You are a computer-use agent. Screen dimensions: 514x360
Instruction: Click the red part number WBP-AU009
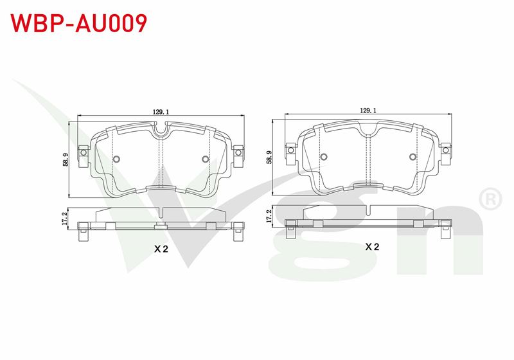pos(78,23)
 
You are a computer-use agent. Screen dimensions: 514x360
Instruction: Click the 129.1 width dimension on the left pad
pos(161,112)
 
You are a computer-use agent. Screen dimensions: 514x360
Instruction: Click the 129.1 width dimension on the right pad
pos(368,111)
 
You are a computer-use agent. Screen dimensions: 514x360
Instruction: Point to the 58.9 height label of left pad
pos(66,159)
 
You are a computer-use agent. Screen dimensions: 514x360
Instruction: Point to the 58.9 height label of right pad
pos(269,157)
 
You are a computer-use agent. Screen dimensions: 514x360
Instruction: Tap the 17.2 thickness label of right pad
pos(269,217)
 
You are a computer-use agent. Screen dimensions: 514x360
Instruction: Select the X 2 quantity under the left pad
pos(161,249)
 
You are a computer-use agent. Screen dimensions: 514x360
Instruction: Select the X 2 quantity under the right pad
pos(372,247)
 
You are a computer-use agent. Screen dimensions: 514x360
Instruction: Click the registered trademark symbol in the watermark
pos(490,199)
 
